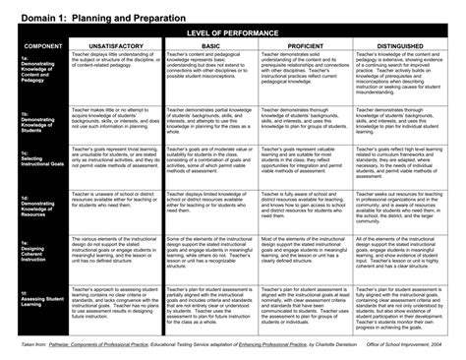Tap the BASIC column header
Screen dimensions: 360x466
click(x=209, y=46)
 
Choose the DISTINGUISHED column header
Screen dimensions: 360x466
click(x=397, y=46)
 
